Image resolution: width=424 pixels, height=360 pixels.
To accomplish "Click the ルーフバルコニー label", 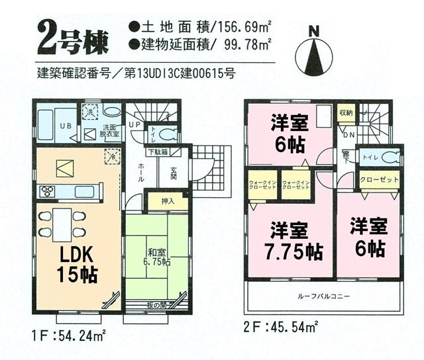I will coord(324,296).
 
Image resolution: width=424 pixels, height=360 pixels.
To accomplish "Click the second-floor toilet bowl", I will coord(389,158).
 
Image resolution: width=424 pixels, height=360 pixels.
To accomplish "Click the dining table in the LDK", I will coord(62,224).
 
